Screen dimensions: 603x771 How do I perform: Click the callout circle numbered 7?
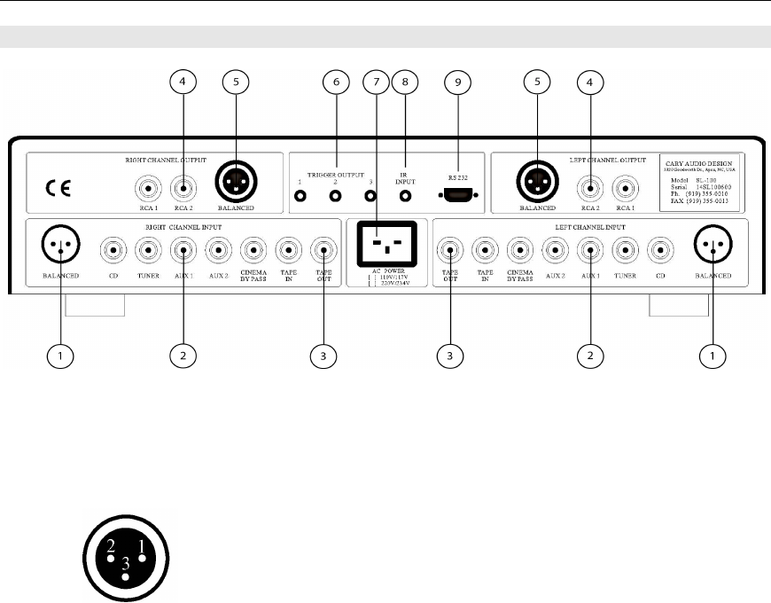pyautogui.click(x=376, y=82)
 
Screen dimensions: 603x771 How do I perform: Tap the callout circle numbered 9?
pyautogui.click(x=458, y=82)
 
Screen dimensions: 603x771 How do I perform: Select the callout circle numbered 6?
pyautogui.click(x=335, y=82)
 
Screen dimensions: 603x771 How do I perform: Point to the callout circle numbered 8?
pyautogui.click(x=406, y=82)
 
